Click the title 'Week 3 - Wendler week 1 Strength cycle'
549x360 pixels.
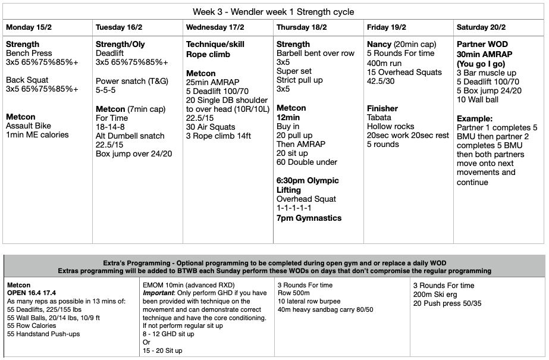pos(274,12)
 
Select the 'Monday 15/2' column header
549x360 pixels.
pos(28,27)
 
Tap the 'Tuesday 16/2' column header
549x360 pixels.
pos(118,27)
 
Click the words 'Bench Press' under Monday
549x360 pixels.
pos(29,54)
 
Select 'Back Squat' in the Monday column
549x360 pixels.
pos(27,80)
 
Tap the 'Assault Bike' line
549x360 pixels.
pos(29,126)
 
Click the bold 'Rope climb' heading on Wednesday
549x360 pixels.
pos(209,54)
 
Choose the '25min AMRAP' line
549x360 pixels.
pos(212,82)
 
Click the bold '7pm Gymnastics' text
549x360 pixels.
pos(309,218)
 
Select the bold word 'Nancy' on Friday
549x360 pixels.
pos(379,44)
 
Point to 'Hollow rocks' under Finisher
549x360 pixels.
pos(391,126)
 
